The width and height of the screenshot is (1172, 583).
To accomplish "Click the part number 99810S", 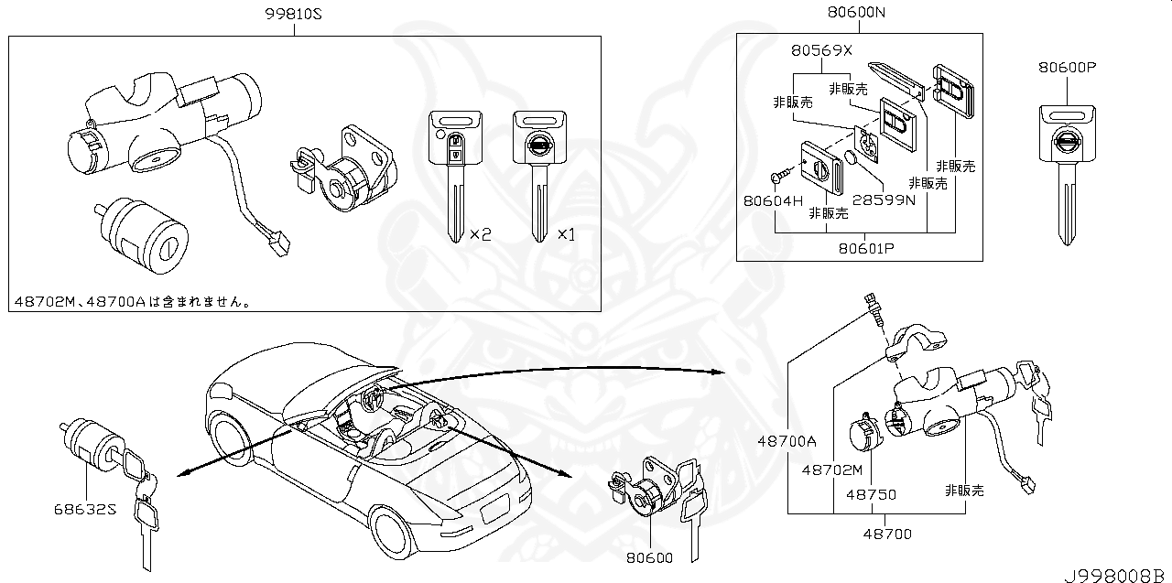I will pos(295,14).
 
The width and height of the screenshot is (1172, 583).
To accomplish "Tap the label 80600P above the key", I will pos(1067,68).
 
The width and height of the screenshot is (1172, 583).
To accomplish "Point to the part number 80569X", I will pos(820,50).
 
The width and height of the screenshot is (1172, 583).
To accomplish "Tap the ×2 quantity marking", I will pos(480,234).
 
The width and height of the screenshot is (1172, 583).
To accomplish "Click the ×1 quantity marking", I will pos(566,234).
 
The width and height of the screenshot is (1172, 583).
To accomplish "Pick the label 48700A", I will pos(786,440).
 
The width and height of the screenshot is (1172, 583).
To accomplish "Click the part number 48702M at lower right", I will pos(832,470).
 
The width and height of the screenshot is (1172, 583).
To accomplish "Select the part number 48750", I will pos(870,494).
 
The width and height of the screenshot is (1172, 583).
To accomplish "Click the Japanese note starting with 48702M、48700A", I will pos(133,299).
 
